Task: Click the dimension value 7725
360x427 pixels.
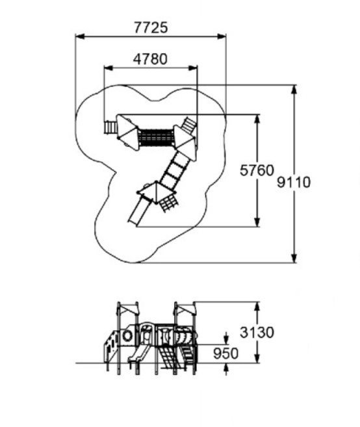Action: pyautogui.click(x=151, y=28)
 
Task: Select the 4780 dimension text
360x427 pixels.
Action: pyautogui.click(x=150, y=59)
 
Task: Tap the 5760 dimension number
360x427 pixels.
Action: pyautogui.click(x=257, y=170)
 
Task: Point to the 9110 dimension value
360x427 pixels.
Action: pyautogui.click(x=294, y=182)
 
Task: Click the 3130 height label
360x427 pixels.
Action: pyautogui.click(x=257, y=332)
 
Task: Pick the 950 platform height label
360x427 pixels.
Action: pyautogui.click(x=225, y=354)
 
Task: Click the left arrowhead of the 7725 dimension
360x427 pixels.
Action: pyautogui.click(x=79, y=36)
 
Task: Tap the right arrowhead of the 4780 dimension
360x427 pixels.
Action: pyautogui.click(x=193, y=68)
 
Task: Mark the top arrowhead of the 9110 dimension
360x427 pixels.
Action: pyautogui.click(x=294, y=90)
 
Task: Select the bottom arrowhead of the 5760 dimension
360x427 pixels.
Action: pyautogui.click(x=257, y=222)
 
